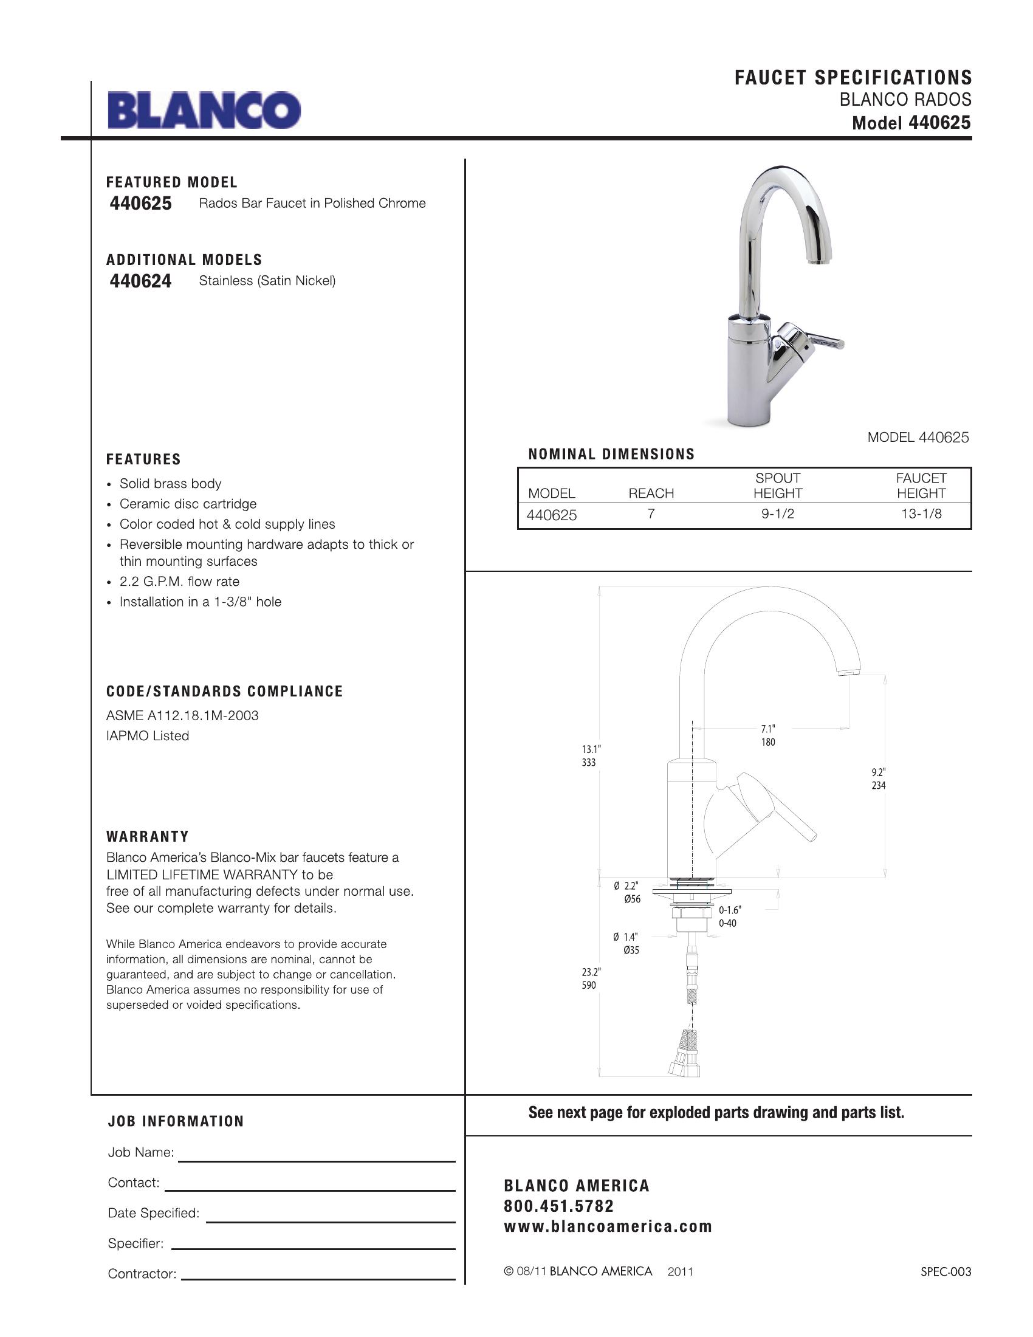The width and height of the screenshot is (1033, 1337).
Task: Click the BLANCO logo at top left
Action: (204, 110)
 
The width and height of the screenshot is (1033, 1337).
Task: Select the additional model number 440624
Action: (141, 281)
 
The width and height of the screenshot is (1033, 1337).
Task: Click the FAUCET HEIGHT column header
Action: (921, 486)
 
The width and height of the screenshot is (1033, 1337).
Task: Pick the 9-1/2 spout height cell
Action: (777, 514)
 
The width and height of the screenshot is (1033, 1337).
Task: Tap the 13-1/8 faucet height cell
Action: (921, 514)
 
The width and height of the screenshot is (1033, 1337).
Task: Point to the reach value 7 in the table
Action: (651, 514)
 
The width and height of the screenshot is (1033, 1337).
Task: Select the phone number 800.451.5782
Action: (558, 1206)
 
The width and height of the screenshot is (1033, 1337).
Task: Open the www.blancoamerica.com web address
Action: (608, 1226)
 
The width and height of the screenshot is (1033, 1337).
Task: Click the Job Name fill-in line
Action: (317, 1161)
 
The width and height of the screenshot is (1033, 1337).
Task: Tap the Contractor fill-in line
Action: (318, 1279)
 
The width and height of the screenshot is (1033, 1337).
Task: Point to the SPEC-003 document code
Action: (945, 1271)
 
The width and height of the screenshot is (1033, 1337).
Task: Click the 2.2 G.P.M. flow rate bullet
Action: (179, 582)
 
